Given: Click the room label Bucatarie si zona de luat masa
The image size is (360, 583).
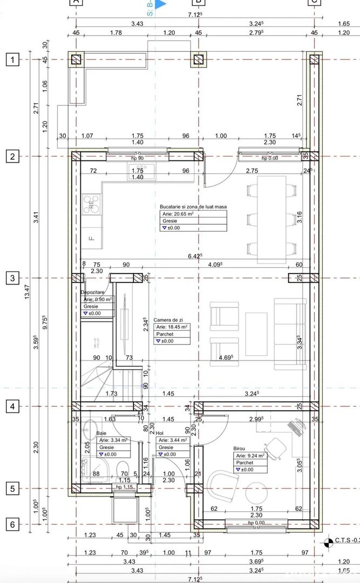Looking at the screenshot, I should pyautogui.click(x=193, y=207).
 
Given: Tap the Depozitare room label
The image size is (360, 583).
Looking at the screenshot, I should pyautogui.click(x=92, y=291).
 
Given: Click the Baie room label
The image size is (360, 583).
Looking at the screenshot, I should pyautogui.click(x=101, y=433).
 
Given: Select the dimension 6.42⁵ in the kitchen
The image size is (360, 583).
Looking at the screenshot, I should pyautogui.click(x=194, y=256).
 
